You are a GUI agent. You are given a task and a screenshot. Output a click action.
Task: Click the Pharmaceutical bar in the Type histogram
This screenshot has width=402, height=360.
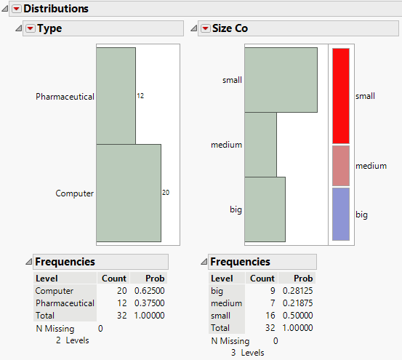pyautogui.click(x=116, y=96)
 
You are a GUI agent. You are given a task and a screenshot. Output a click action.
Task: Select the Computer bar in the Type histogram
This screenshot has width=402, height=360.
pyautogui.click(x=128, y=193)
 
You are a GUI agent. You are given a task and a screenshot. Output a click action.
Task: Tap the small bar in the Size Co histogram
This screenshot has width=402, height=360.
pyautogui.click(x=281, y=80)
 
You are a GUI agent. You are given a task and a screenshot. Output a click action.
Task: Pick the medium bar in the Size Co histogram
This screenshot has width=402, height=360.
pyautogui.click(x=261, y=145)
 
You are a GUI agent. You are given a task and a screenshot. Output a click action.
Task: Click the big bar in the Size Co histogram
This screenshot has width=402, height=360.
pyautogui.click(x=265, y=209)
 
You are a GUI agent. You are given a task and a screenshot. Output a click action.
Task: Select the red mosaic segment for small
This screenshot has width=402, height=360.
pyautogui.click(x=340, y=96)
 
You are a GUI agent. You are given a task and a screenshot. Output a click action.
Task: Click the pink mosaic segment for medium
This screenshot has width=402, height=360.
pyautogui.click(x=340, y=166)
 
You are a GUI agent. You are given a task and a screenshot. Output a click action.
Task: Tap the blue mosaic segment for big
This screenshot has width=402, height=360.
pyautogui.click(x=340, y=215)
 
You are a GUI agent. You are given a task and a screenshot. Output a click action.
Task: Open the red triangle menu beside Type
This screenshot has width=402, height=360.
pyautogui.click(x=31, y=28)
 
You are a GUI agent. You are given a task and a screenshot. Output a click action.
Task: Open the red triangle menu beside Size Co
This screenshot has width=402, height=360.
pyautogui.click(x=205, y=28)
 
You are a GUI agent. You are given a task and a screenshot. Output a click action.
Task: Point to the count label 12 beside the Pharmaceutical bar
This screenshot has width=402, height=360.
pyautogui.click(x=140, y=96)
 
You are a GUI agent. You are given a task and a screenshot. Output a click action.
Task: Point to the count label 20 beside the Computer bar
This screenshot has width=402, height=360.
pyautogui.click(x=166, y=193)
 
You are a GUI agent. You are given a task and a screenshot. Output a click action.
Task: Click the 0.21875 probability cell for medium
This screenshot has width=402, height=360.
pyautogui.click(x=298, y=303)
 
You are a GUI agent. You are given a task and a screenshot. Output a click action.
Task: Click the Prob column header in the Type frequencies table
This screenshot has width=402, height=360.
pyautogui.click(x=155, y=279)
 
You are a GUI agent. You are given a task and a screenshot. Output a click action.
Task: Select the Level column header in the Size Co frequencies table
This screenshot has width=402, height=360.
pyautogui.click(x=222, y=279)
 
